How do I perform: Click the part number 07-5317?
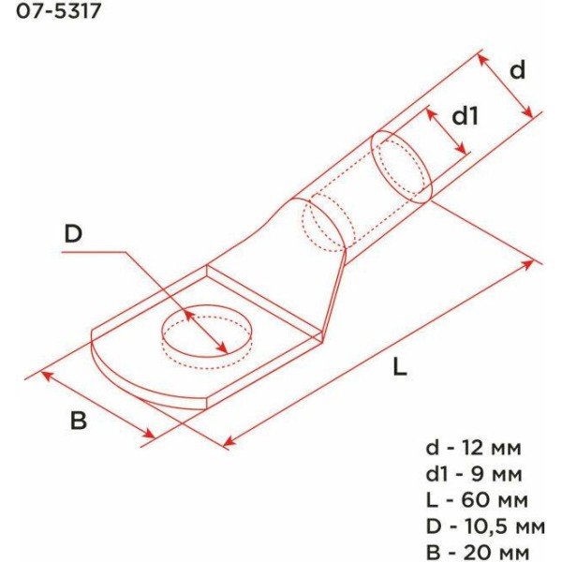coord(59,11)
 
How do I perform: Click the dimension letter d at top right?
coord(517,69)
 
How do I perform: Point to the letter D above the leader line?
coord(73,233)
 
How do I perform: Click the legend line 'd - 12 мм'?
coord(473,448)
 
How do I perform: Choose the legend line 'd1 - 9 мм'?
coord(474,474)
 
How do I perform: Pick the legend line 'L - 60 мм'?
coord(477,500)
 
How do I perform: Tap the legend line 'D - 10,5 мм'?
coord(485,526)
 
